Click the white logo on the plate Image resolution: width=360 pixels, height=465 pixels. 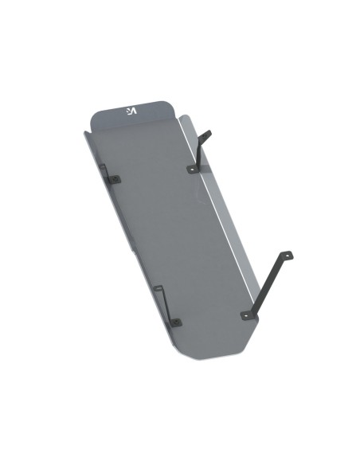[131, 111]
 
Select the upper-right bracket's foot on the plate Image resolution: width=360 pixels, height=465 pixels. [192, 168]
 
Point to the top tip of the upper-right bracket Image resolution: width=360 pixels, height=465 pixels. [209, 131]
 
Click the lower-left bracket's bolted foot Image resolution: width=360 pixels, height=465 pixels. [175, 322]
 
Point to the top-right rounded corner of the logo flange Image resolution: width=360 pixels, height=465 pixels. [170, 104]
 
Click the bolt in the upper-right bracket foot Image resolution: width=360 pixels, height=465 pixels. [191, 169]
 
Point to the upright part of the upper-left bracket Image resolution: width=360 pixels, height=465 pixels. [104, 170]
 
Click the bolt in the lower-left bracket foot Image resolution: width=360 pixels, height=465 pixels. [176, 322]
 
